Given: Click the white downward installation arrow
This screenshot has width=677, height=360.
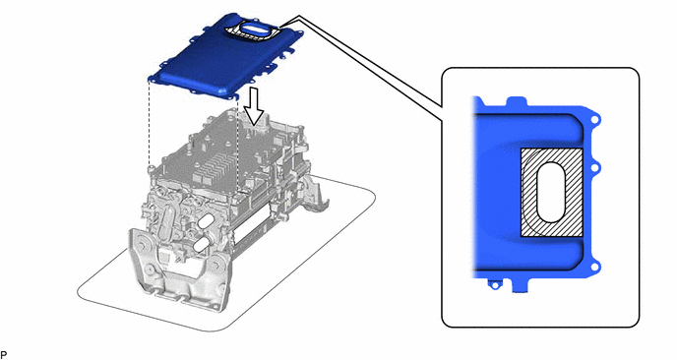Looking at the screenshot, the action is point(256,106).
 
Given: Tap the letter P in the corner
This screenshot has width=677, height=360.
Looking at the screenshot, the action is point(4,354).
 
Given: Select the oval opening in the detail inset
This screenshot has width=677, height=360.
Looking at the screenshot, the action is point(551,193).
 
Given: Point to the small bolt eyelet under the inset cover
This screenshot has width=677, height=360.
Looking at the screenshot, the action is point(494,284).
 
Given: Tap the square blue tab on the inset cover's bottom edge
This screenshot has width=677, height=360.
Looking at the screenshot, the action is point(520,285).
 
